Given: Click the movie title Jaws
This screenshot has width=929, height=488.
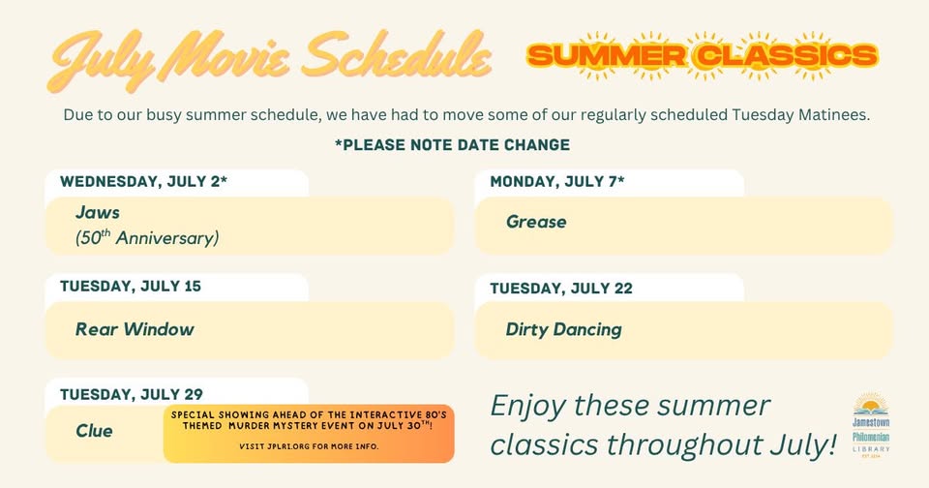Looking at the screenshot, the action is pos(98,212).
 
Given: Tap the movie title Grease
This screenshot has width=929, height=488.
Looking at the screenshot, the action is pos(536,222).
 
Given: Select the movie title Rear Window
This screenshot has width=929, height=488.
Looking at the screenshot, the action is pos(135,329).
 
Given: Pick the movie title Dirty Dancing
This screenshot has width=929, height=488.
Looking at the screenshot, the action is pos(563,329).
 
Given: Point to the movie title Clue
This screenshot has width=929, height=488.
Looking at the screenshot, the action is pos(94,431).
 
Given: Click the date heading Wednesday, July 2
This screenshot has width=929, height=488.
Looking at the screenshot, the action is pos(143,181).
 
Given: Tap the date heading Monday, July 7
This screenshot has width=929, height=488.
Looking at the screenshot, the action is pos(557,181).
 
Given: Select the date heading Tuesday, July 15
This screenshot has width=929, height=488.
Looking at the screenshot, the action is pos(131,287).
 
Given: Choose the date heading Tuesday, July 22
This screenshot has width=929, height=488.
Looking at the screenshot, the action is pos(561,289).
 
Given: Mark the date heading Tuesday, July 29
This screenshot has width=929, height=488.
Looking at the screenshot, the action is pos(131,394).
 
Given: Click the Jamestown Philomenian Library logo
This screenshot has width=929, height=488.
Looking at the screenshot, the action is pos(871,425).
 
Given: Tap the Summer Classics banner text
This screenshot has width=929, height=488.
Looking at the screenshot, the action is pos(703,56).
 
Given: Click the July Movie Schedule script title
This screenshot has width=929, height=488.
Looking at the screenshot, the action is pos(270,59).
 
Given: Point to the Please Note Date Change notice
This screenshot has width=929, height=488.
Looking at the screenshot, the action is pos(452,144).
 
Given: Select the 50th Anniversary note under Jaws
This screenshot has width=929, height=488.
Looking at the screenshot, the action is pos(147,238).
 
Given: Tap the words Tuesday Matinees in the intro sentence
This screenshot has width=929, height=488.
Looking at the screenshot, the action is pos(800,114).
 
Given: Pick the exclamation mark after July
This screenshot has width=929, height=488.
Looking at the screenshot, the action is pos(831,444).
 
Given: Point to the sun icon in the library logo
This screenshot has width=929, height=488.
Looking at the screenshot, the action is pos(871,405).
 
